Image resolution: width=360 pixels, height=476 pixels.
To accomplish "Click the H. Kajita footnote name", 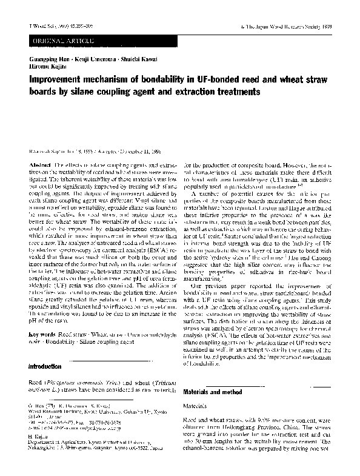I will point(39,435).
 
